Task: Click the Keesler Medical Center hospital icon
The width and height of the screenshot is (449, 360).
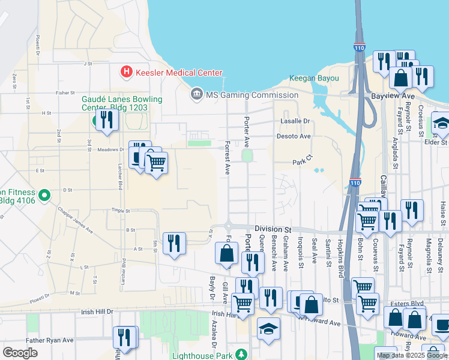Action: [x=127, y=72]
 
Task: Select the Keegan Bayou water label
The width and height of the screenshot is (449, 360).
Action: [x=314, y=79]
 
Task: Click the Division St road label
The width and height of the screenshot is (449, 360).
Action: [x=272, y=229]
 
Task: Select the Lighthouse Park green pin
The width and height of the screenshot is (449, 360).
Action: [x=241, y=355]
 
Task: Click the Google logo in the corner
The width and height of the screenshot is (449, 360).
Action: [x=20, y=353]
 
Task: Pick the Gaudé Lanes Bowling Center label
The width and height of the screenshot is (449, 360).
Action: [x=122, y=103]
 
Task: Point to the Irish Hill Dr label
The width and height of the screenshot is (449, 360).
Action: [x=97, y=312]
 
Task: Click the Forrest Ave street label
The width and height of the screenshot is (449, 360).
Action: [x=228, y=158]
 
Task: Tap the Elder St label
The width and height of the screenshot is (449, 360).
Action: [x=436, y=142]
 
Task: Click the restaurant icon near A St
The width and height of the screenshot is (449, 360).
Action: [x=174, y=243]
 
